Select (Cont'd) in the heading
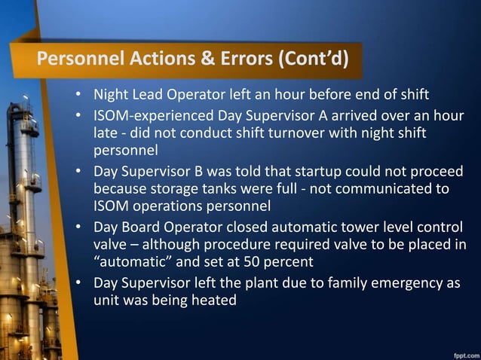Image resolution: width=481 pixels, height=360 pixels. click(x=315, y=59)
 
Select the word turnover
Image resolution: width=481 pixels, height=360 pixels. click(x=288, y=133)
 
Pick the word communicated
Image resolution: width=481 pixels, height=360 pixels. click(x=399, y=188)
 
